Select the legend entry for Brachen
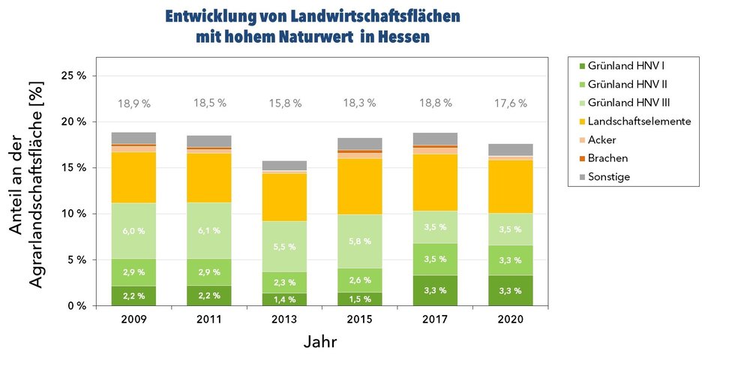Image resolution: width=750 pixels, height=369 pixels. click(x=608, y=158)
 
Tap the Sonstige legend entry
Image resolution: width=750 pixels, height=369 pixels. click(x=610, y=177)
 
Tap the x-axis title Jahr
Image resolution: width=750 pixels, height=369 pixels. click(x=321, y=343)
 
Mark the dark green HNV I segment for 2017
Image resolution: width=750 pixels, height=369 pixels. click(x=434, y=290)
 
